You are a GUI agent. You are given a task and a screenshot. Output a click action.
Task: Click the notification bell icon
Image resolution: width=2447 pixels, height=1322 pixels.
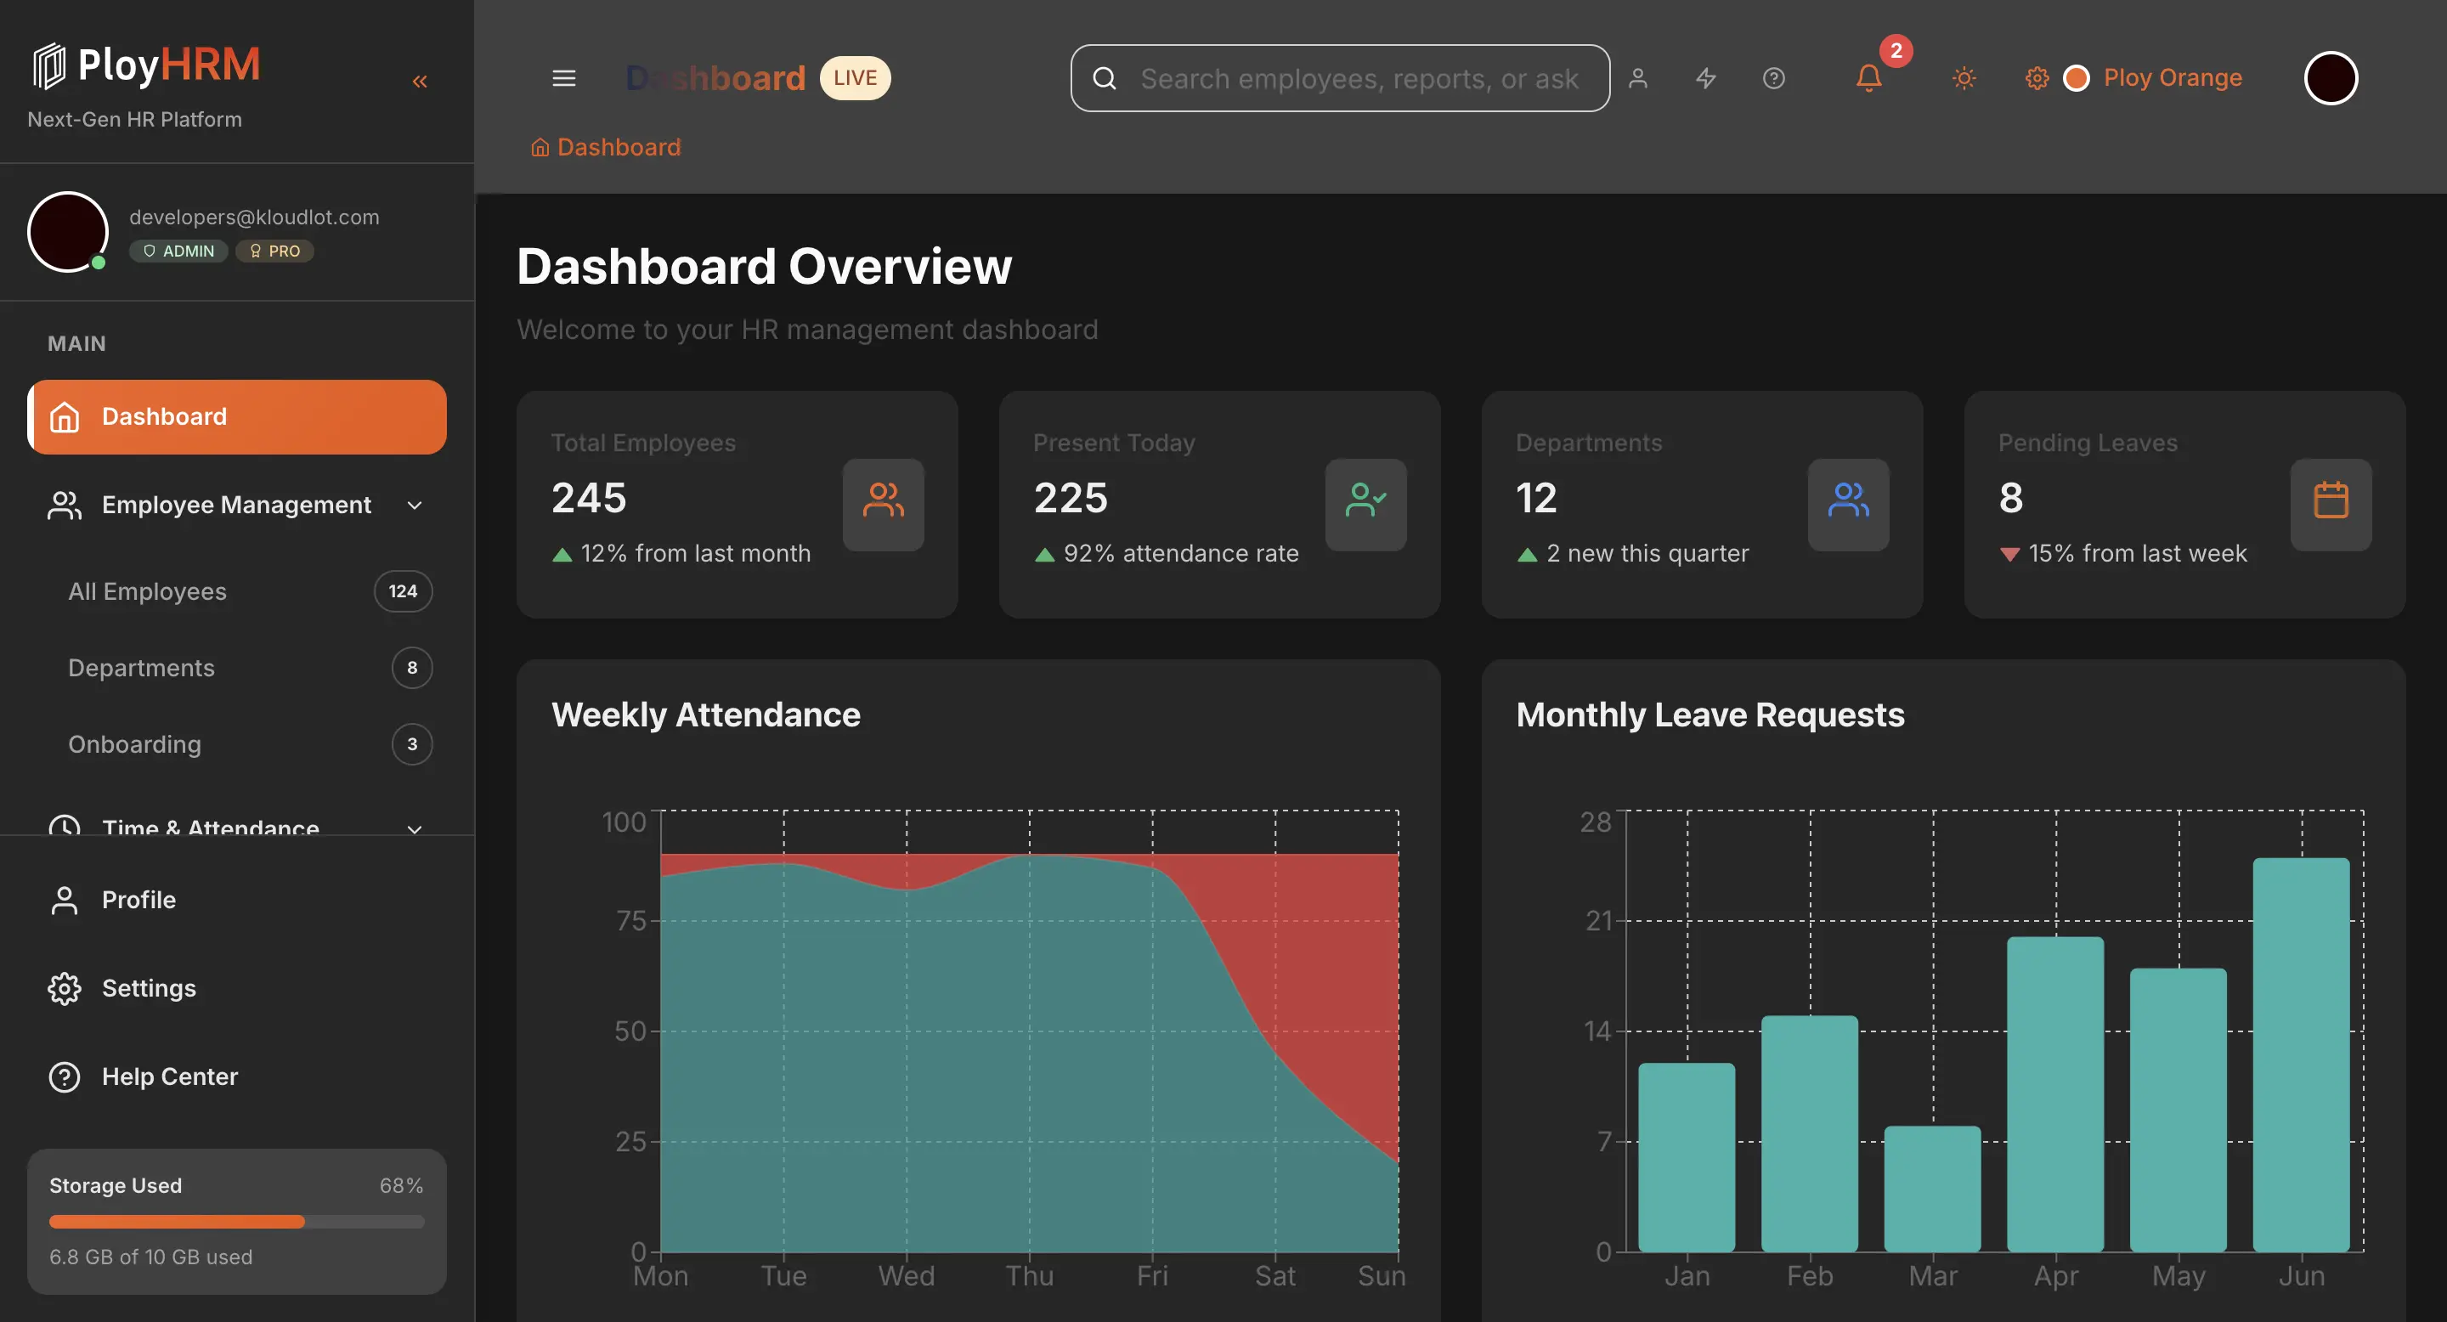1868,78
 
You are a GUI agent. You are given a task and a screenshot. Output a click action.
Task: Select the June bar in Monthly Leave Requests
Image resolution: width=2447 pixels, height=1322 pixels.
2300,1054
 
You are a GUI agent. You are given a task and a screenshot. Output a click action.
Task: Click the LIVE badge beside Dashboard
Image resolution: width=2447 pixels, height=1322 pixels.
855,78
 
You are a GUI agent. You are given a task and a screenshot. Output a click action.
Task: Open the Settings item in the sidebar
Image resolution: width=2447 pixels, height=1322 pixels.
148,988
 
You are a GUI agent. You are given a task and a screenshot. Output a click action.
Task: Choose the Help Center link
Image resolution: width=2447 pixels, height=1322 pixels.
169,1076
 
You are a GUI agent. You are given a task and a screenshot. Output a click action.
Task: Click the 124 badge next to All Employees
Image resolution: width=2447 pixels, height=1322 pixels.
403,590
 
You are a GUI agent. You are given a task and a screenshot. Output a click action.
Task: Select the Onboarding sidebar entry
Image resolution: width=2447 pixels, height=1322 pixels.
135,743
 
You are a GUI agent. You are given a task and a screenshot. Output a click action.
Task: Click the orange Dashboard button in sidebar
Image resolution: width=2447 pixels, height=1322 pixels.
236,417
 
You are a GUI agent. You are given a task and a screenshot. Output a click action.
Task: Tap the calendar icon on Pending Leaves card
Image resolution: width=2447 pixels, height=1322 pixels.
2330,500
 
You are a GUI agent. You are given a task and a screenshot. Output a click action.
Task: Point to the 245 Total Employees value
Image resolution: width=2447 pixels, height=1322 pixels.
589,498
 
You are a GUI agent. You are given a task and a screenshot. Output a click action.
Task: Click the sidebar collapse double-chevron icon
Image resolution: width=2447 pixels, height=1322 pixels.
420,82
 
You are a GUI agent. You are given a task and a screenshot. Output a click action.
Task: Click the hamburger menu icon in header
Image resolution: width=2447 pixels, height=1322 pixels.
564,78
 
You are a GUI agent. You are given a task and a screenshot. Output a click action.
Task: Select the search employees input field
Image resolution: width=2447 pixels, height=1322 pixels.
1359,78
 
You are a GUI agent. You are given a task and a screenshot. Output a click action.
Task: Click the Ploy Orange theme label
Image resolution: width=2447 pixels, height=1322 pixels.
2173,78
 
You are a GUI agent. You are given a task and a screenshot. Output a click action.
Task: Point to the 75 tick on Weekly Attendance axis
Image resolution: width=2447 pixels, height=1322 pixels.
630,920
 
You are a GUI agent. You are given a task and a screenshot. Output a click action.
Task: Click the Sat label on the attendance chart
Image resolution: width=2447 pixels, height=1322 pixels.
1274,1275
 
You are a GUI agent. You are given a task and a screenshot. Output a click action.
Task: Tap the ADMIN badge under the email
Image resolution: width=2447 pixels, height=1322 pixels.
178,251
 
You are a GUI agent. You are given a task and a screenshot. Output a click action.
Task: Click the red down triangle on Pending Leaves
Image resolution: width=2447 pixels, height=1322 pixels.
2010,555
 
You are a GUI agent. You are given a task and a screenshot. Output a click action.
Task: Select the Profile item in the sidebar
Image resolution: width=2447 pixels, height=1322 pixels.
138,900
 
